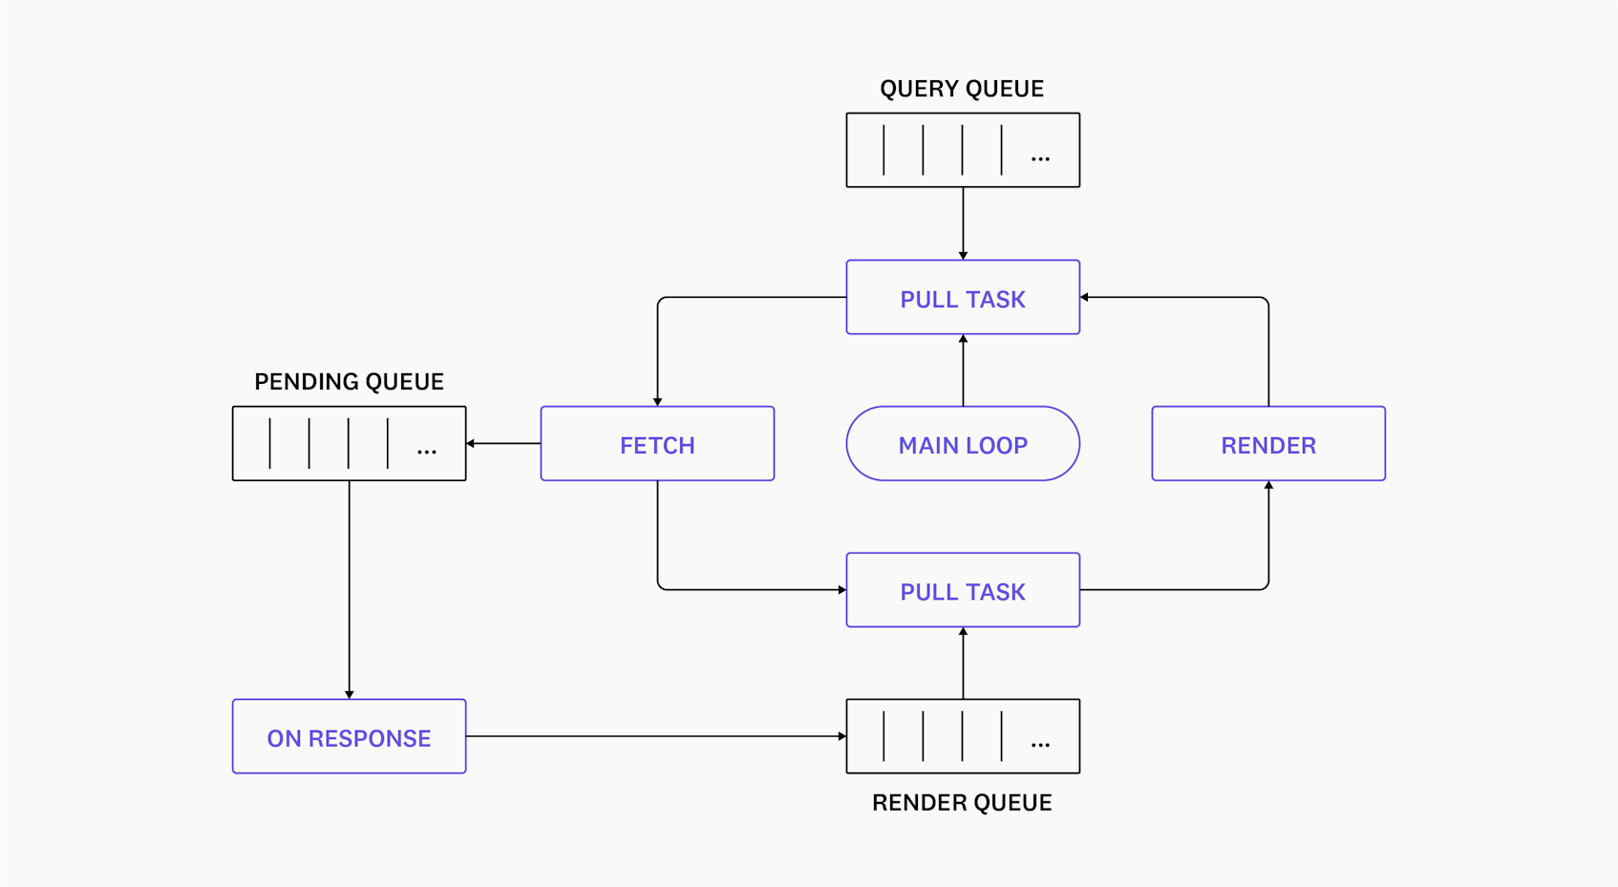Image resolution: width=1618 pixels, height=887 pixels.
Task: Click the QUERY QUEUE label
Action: (962, 89)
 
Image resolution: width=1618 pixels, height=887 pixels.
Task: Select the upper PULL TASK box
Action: (963, 298)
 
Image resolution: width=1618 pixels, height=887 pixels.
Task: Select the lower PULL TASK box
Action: (963, 591)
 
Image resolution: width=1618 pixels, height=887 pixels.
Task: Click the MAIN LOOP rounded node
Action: (963, 444)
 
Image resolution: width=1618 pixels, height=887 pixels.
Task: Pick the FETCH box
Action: (657, 444)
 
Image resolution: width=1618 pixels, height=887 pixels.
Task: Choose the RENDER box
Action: (1268, 444)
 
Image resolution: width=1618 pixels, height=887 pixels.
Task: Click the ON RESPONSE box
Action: (350, 737)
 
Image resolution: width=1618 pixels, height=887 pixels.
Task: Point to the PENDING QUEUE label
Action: (350, 382)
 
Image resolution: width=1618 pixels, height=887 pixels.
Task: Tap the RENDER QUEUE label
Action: (962, 803)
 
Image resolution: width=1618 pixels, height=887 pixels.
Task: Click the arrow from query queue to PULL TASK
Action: (963, 223)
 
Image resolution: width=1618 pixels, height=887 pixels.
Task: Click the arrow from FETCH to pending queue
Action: (503, 444)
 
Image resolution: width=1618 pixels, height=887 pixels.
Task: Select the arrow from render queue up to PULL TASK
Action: (963, 664)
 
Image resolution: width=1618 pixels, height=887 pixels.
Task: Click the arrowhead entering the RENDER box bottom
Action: (1268, 486)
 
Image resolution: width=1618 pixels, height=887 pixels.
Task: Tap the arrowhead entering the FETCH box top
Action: (657, 401)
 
